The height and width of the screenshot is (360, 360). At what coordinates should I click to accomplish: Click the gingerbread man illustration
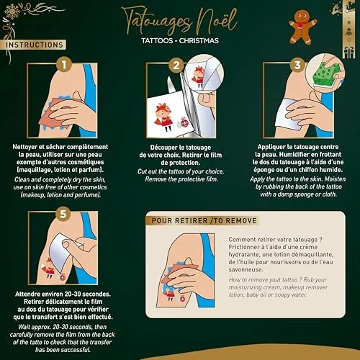pos(302,27)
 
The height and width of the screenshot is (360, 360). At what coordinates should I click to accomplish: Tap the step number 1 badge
pos(64,64)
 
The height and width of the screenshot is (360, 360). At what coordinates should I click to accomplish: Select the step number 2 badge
pos(176,65)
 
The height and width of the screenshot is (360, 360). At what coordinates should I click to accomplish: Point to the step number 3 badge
pos(297,65)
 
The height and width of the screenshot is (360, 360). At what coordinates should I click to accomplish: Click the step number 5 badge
pos(63,213)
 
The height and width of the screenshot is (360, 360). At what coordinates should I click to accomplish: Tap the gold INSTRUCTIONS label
pos(35,45)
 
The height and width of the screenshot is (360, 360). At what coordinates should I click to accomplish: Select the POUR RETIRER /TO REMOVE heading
pos(204,220)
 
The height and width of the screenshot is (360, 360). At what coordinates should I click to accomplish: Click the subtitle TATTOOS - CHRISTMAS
pos(180,40)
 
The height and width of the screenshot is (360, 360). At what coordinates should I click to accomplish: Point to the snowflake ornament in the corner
pos(12,11)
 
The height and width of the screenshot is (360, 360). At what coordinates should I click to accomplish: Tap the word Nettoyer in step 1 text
pos(25,147)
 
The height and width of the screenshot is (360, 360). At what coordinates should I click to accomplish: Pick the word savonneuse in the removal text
pos(246,269)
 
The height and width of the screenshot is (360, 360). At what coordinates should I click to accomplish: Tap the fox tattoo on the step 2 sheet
pos(163,117)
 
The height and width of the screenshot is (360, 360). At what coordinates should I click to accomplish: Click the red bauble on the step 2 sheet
pos(184,122)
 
